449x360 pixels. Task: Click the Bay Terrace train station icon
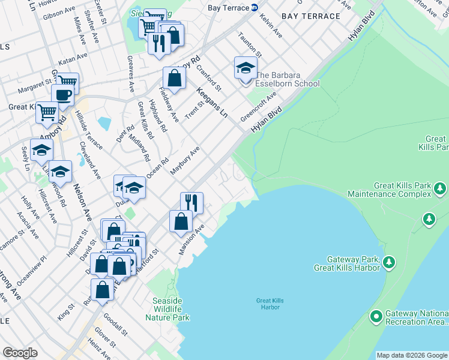pos(254,8)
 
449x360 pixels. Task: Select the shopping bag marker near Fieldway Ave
pos(173,78)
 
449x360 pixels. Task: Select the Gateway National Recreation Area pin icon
pos(376,316)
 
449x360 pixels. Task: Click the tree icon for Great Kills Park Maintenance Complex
pos(440,190)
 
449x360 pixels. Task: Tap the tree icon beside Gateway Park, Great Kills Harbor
pos(389,262)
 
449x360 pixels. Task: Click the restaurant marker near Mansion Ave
pos(191,202)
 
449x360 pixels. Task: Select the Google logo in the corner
pos(20,353)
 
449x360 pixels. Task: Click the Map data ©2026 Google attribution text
pos(411,355)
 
